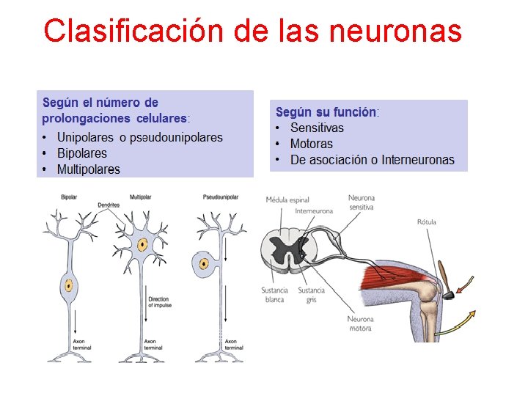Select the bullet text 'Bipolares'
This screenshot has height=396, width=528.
click(82, 153)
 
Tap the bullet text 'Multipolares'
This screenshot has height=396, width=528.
click(89, 169)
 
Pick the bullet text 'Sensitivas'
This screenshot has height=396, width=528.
click(317, 128)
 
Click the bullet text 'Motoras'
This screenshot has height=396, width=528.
click(311, 144)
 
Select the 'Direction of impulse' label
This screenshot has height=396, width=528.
click(158, 302)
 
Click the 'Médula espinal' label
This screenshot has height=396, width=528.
click(287, 199)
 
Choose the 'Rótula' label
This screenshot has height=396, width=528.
click(427, 221)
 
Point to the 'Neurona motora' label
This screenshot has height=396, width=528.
click(361, 323)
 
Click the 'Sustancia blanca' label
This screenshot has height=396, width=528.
click(274, 295)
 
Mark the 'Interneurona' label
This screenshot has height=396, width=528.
click(314, 211)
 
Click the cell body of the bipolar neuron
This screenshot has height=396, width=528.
click(69, 285)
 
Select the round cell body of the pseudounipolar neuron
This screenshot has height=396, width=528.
click(202, 262)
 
